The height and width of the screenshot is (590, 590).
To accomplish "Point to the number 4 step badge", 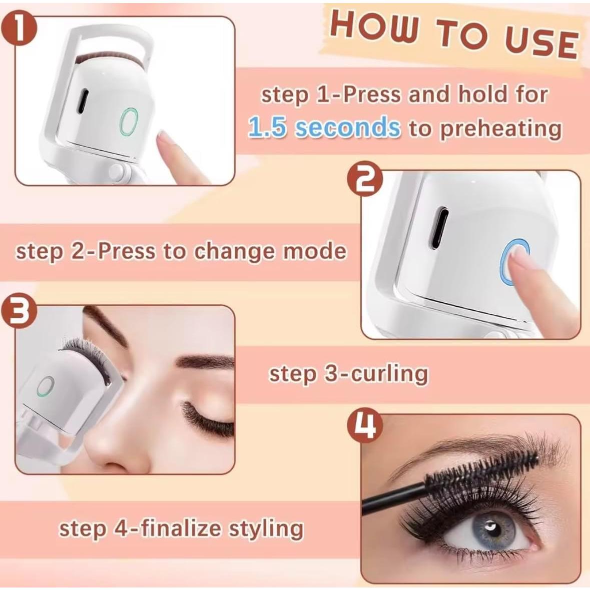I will click(365, 426).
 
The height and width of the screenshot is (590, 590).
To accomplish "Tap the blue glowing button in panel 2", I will click(514, 262).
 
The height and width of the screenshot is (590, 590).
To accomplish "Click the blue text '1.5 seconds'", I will click(324, 128).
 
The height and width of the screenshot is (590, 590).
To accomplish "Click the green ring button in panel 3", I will click(46, 386).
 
